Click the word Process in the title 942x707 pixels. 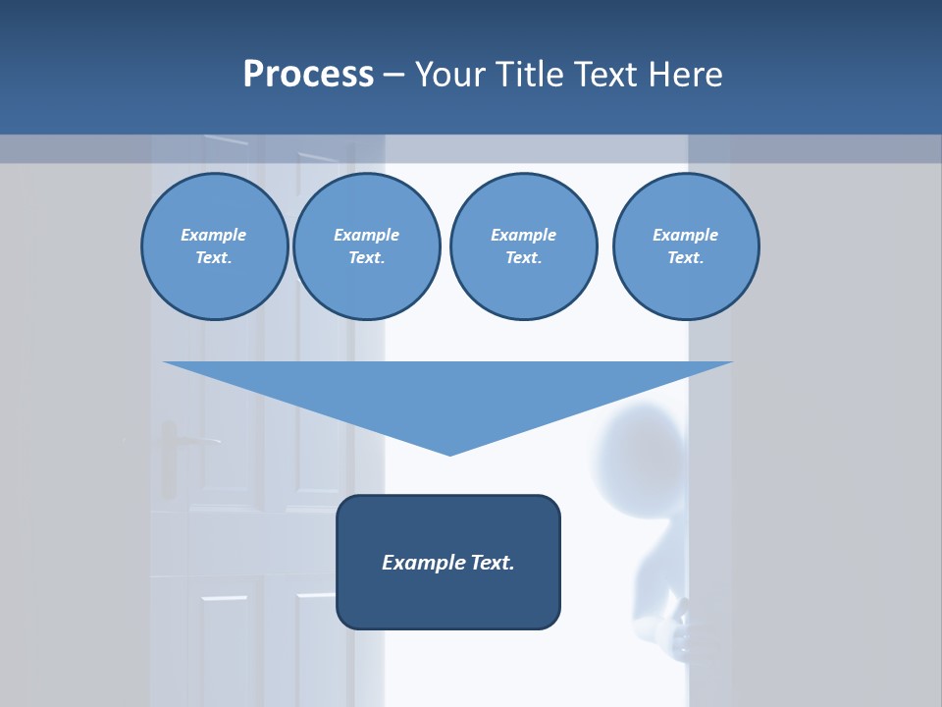pos(308,75)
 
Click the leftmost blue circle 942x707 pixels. pos(214,246)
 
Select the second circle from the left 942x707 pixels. pos(367,246)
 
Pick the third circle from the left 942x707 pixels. pos(523,246)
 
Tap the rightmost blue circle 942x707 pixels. pos(686,246)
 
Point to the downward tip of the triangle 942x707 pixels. pos(449,453)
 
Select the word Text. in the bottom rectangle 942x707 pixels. pos(493,563)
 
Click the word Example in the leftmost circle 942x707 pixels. pos(214,235)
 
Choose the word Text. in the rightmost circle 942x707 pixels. pos(686,258)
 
